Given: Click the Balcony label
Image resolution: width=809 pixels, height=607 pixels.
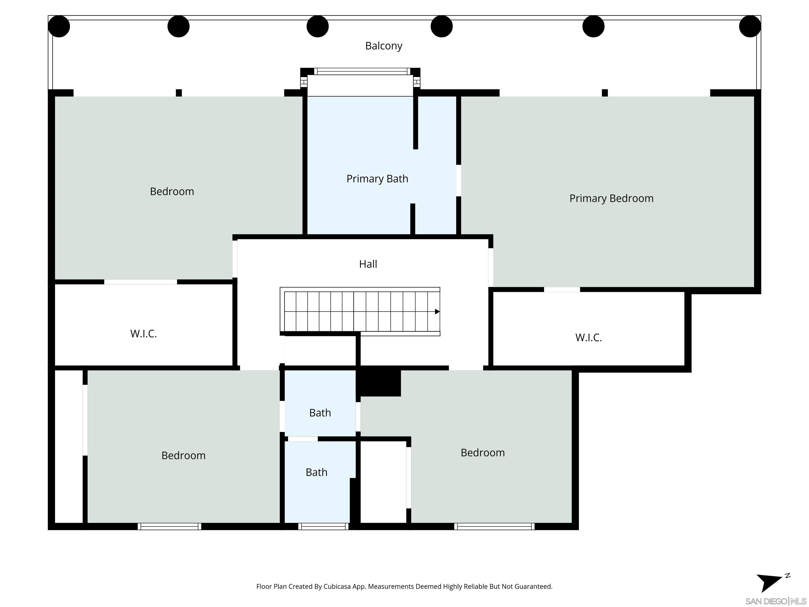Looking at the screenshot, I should (384, 46).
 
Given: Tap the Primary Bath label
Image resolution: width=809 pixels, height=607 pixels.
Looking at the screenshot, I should (377, 179).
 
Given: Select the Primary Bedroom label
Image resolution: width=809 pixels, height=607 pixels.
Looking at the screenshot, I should (611, 198).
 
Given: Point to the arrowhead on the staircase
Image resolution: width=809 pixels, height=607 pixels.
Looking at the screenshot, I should (437, 312).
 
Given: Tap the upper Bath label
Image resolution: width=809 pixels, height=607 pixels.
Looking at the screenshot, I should (320, 413).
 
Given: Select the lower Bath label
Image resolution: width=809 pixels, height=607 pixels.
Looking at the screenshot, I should (316, 472).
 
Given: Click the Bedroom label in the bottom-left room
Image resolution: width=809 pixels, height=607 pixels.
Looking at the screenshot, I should (183, 456).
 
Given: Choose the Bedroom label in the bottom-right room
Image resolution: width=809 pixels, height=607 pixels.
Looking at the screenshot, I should (482, 453).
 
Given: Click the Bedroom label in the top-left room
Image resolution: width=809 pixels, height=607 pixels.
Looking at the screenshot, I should (172, 191).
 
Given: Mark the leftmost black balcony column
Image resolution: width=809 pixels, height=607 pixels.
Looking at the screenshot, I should (59, 26).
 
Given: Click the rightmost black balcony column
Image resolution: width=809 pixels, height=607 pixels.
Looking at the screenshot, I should (750, 26).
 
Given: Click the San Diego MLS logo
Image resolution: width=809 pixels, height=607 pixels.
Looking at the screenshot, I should (775, 601).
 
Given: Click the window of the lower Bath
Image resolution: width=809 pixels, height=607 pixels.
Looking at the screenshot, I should (323, 526).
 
